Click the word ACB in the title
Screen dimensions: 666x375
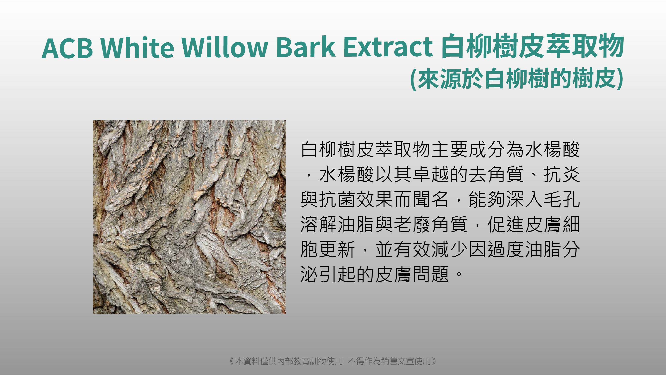[x=67, y=48]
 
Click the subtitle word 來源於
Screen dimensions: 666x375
[x=450, y=79]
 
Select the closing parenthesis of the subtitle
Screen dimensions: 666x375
[x=619, y=79]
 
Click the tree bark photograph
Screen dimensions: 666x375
[x=189, y=217]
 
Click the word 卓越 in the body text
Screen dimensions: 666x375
[x=431, y=175]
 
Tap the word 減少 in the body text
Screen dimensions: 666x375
[x=450, y=249]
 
